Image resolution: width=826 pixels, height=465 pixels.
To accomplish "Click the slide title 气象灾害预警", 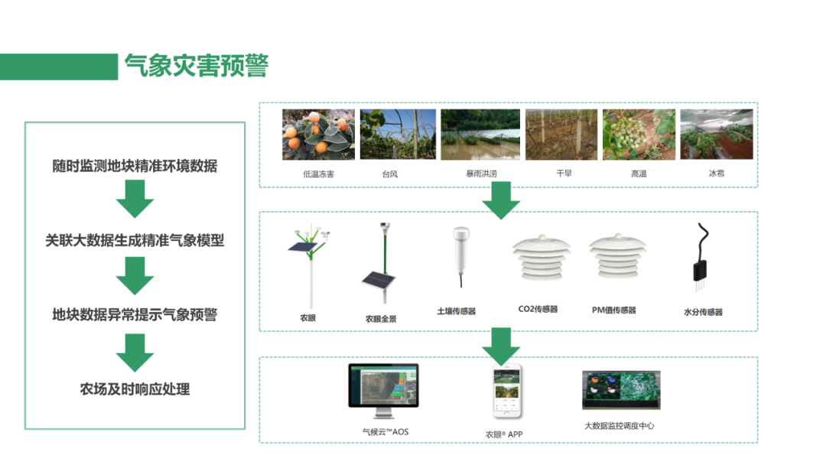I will click(197, 67).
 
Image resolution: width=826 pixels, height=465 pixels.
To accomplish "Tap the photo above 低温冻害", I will click(319, 134).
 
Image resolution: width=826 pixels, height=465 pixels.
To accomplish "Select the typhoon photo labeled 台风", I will click(398, 134).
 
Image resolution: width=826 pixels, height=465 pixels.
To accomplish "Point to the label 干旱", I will click(564, 174).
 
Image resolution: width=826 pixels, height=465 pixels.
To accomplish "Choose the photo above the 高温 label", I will click(639, 134).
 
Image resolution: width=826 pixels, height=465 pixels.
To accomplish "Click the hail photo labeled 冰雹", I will click(717, 134).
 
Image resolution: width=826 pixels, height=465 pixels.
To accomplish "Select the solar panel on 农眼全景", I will click(377, 285).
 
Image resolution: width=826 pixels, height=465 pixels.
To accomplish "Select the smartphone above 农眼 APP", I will click(506, 390).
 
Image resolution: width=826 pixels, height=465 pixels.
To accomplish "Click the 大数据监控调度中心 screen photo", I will click(620, 390).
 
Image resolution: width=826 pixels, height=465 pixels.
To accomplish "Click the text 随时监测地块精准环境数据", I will click(135, 166).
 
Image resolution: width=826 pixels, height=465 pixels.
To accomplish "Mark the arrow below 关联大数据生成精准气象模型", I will click(135, 276).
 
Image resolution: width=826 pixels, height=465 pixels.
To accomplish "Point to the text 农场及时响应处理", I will click(135, 389).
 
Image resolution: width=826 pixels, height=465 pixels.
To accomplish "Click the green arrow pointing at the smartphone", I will click(501, 346).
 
